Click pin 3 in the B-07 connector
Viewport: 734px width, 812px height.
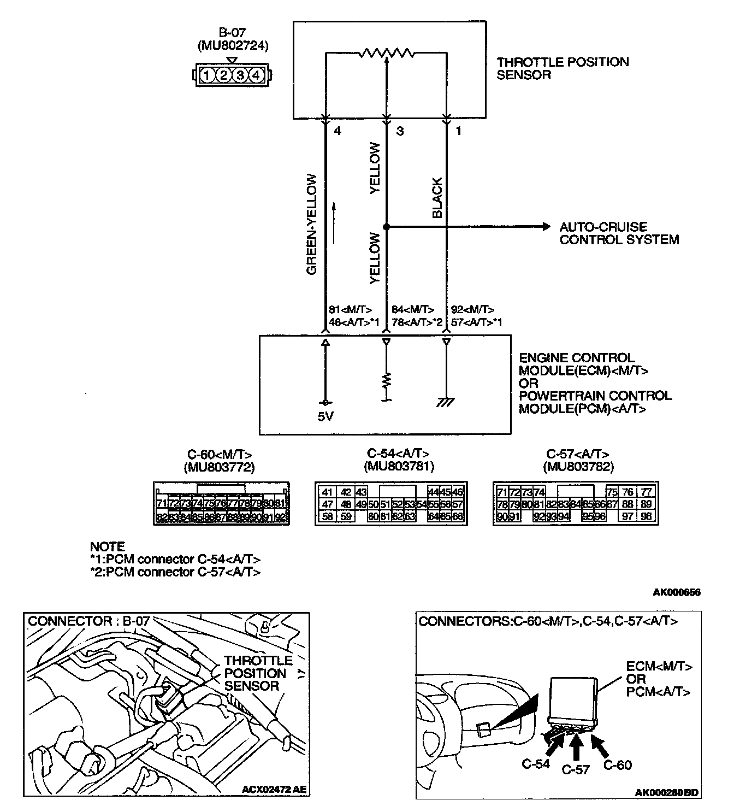point(240,75)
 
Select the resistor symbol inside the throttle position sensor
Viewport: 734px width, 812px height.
point(387,53)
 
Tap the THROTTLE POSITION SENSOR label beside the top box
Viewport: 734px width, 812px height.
point(563,68)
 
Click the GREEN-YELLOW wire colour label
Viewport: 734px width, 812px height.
point(312,224)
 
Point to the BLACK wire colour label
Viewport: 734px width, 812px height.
point(437,198)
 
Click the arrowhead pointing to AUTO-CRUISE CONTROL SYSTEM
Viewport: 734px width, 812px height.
point(544,226)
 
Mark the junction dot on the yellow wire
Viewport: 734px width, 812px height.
point(387,226)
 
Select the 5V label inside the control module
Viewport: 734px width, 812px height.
point(325,417)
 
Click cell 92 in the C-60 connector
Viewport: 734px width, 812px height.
point(281,516)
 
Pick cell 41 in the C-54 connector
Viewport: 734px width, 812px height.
point(327,492)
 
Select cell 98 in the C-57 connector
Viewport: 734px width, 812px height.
point(646,516)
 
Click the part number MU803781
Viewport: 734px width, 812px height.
point(398,466)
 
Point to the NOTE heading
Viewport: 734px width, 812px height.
point(107,546)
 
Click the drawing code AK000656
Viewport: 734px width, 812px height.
point(677,592)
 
